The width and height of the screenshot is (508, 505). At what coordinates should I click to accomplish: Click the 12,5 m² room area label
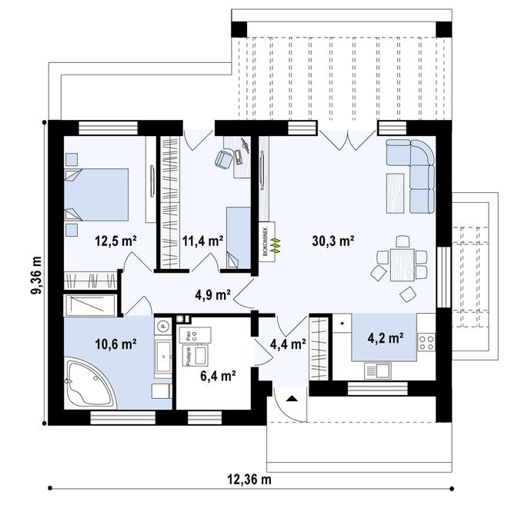coord(115,240)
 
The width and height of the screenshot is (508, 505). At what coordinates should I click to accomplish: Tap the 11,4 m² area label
coord(202,240)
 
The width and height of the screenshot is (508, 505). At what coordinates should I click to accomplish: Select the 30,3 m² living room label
coord(333,240)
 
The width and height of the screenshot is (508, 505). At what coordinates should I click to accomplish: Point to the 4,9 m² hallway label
coord(212,294)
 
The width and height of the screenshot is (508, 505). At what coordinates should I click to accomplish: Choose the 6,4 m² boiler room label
coord(217,376)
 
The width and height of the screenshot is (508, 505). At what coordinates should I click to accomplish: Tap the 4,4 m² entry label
coord(288,344)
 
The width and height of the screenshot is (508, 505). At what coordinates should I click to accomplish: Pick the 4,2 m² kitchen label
coord(386,337)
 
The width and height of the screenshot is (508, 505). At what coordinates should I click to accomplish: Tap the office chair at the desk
coord(224,158)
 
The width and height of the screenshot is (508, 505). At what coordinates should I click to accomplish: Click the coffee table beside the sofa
coord(394,190)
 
